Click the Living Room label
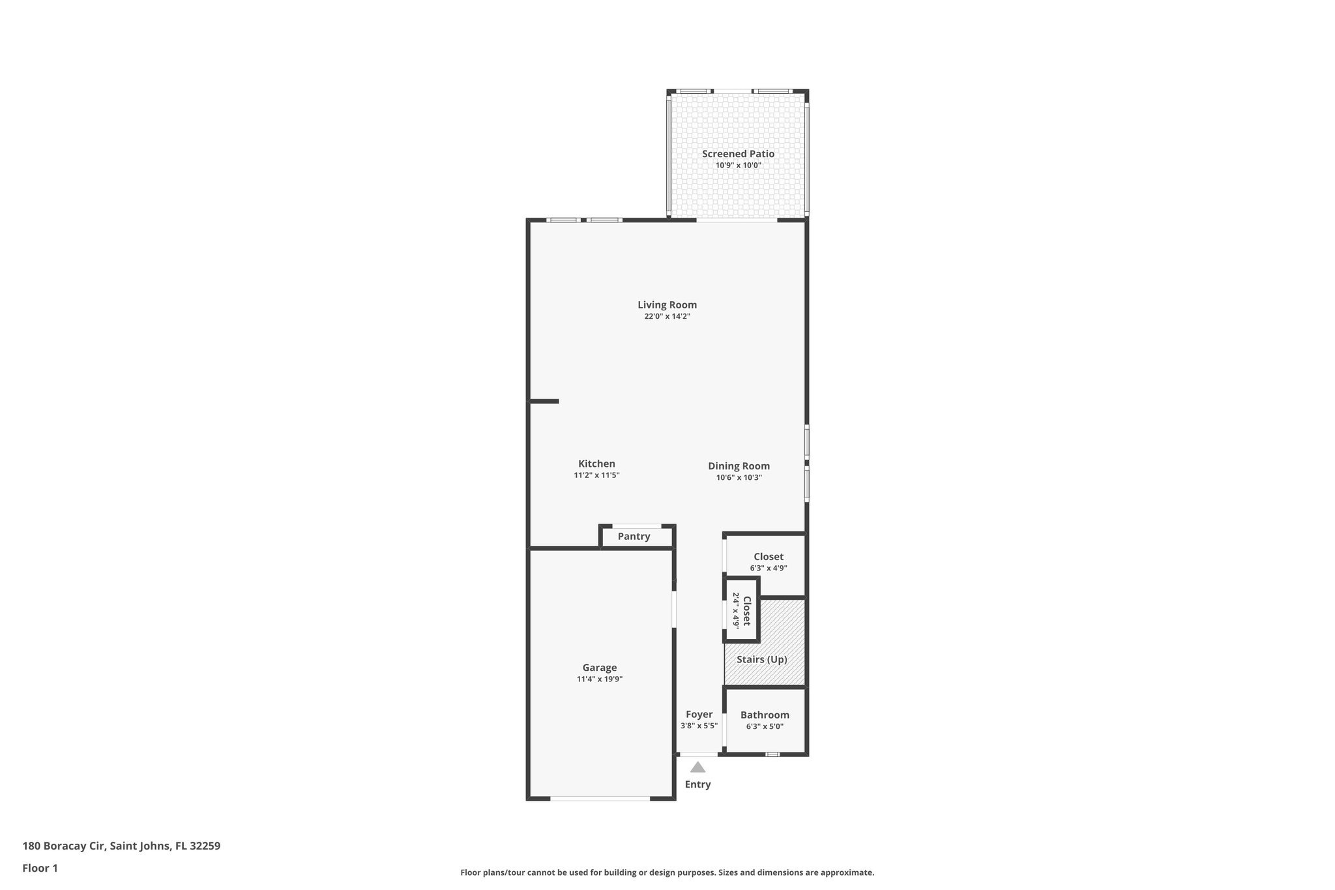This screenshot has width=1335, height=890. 667,304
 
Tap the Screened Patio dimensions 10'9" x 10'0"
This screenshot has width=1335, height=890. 738,166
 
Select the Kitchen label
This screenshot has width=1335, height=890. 596,464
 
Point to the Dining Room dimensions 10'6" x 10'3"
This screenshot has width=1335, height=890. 739,477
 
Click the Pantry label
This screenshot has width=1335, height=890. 634,537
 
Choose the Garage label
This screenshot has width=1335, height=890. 599,668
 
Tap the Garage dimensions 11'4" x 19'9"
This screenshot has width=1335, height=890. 599,679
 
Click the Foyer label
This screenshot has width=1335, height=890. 699,715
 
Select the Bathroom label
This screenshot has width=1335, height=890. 765,715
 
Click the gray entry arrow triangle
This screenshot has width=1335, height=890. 697,767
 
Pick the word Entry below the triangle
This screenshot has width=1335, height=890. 697,784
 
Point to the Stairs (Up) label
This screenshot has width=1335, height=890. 761,659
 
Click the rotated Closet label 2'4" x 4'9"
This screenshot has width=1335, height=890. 742,610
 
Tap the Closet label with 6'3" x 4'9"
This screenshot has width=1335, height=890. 768,557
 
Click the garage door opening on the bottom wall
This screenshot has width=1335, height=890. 600,798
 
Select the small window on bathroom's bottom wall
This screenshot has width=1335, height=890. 772,754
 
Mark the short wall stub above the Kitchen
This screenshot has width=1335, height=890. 544,401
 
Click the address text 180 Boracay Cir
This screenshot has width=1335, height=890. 121,846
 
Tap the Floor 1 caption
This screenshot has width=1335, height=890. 40,868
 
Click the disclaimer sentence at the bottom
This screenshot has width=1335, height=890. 667,872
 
